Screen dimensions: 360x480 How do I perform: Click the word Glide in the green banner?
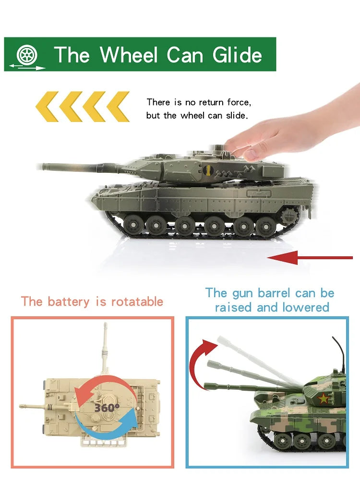(237, 55)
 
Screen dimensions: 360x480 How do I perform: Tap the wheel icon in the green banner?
(27, 55)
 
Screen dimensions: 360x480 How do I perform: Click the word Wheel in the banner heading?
(129, 55)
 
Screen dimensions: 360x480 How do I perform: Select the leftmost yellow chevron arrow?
(47, 107)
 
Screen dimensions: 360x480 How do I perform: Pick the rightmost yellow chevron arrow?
(118, 107)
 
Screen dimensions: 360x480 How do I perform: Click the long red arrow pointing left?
(310, 257)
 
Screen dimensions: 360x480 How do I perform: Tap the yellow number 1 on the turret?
(208, 170)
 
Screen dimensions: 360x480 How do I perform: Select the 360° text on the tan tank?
(107, 408)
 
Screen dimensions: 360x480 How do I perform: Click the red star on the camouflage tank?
(324, 398)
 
